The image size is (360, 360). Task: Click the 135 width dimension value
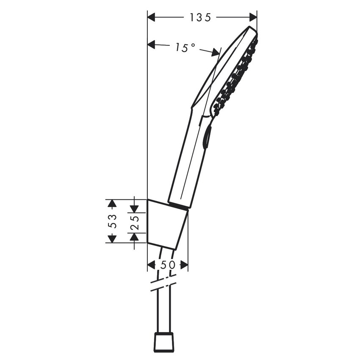coord(200,17)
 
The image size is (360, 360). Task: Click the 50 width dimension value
coord(167,265)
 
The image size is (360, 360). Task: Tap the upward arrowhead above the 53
coord(112,204)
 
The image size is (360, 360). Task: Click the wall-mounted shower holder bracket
coord(166,224)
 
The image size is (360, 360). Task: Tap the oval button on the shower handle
coord(206,138)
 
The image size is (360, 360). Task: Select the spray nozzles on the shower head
coord(235,78)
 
